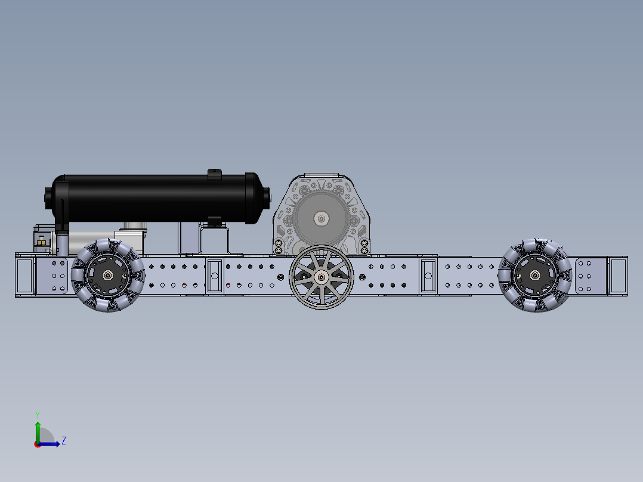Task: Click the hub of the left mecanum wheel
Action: [x=108, y=275]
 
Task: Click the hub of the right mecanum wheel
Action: [x=535, y=275]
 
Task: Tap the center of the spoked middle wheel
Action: [x=321, y=277]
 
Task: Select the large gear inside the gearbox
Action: [x=321, y=218]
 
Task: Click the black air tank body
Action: [x=155, y=197]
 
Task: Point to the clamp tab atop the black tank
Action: [x=214, y=174]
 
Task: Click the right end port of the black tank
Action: [x=266, y=195]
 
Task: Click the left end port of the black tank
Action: [x=48, y=197]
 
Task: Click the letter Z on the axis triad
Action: [x=63, y=441]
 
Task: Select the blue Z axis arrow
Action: [x=51, y=443]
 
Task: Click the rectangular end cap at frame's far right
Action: [x=617, y=275]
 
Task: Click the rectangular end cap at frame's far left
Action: [x=25, y=275]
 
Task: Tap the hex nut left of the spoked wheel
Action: [x=281, y=276]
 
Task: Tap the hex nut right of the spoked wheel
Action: [x=362, y=276]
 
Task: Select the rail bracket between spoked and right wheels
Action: [x=428, y=275]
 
